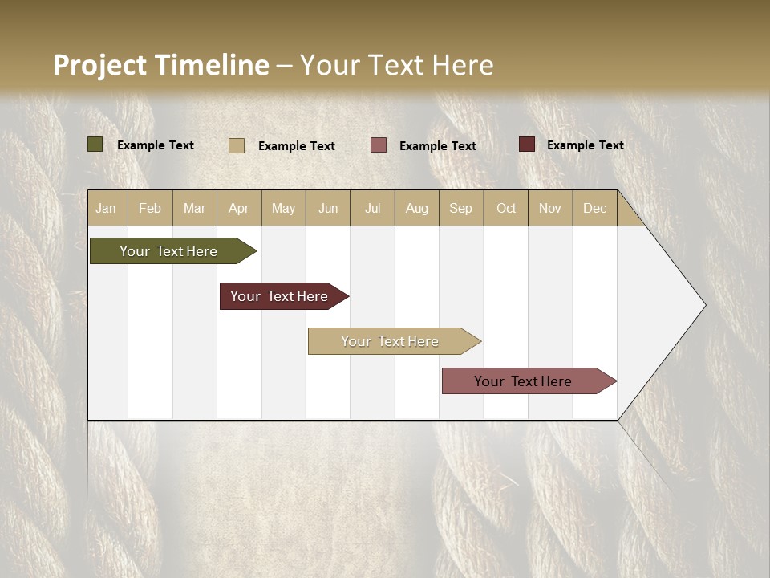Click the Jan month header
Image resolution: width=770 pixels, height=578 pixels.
click(x=107, y=208)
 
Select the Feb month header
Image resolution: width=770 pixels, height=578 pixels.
click(x=150, y=208)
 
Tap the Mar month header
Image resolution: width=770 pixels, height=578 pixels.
click(x=194, y=208)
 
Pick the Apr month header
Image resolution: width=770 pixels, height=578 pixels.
click(x=239, y=208)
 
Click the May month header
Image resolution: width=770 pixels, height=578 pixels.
click(x=283, y=208)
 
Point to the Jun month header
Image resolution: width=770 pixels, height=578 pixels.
click(x=328, y=208)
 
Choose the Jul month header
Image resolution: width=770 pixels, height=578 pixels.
click(x=372, y=208)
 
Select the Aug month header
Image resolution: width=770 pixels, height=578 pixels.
click(x=417, y=208)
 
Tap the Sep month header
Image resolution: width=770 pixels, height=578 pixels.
click(x=461, y=208)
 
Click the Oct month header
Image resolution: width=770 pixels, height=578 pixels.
click(x=506, y=208)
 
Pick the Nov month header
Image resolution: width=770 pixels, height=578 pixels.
click(x=550, y=208)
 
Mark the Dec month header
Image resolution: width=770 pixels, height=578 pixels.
click(x=594, y=208)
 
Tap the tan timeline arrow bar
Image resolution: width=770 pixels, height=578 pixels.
click(x=391, y=341)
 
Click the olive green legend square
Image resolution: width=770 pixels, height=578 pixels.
click(x=95, y=144)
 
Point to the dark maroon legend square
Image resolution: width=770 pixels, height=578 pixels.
click(x=527, y=144)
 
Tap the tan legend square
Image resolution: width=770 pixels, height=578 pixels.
click(x=237, y=145)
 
